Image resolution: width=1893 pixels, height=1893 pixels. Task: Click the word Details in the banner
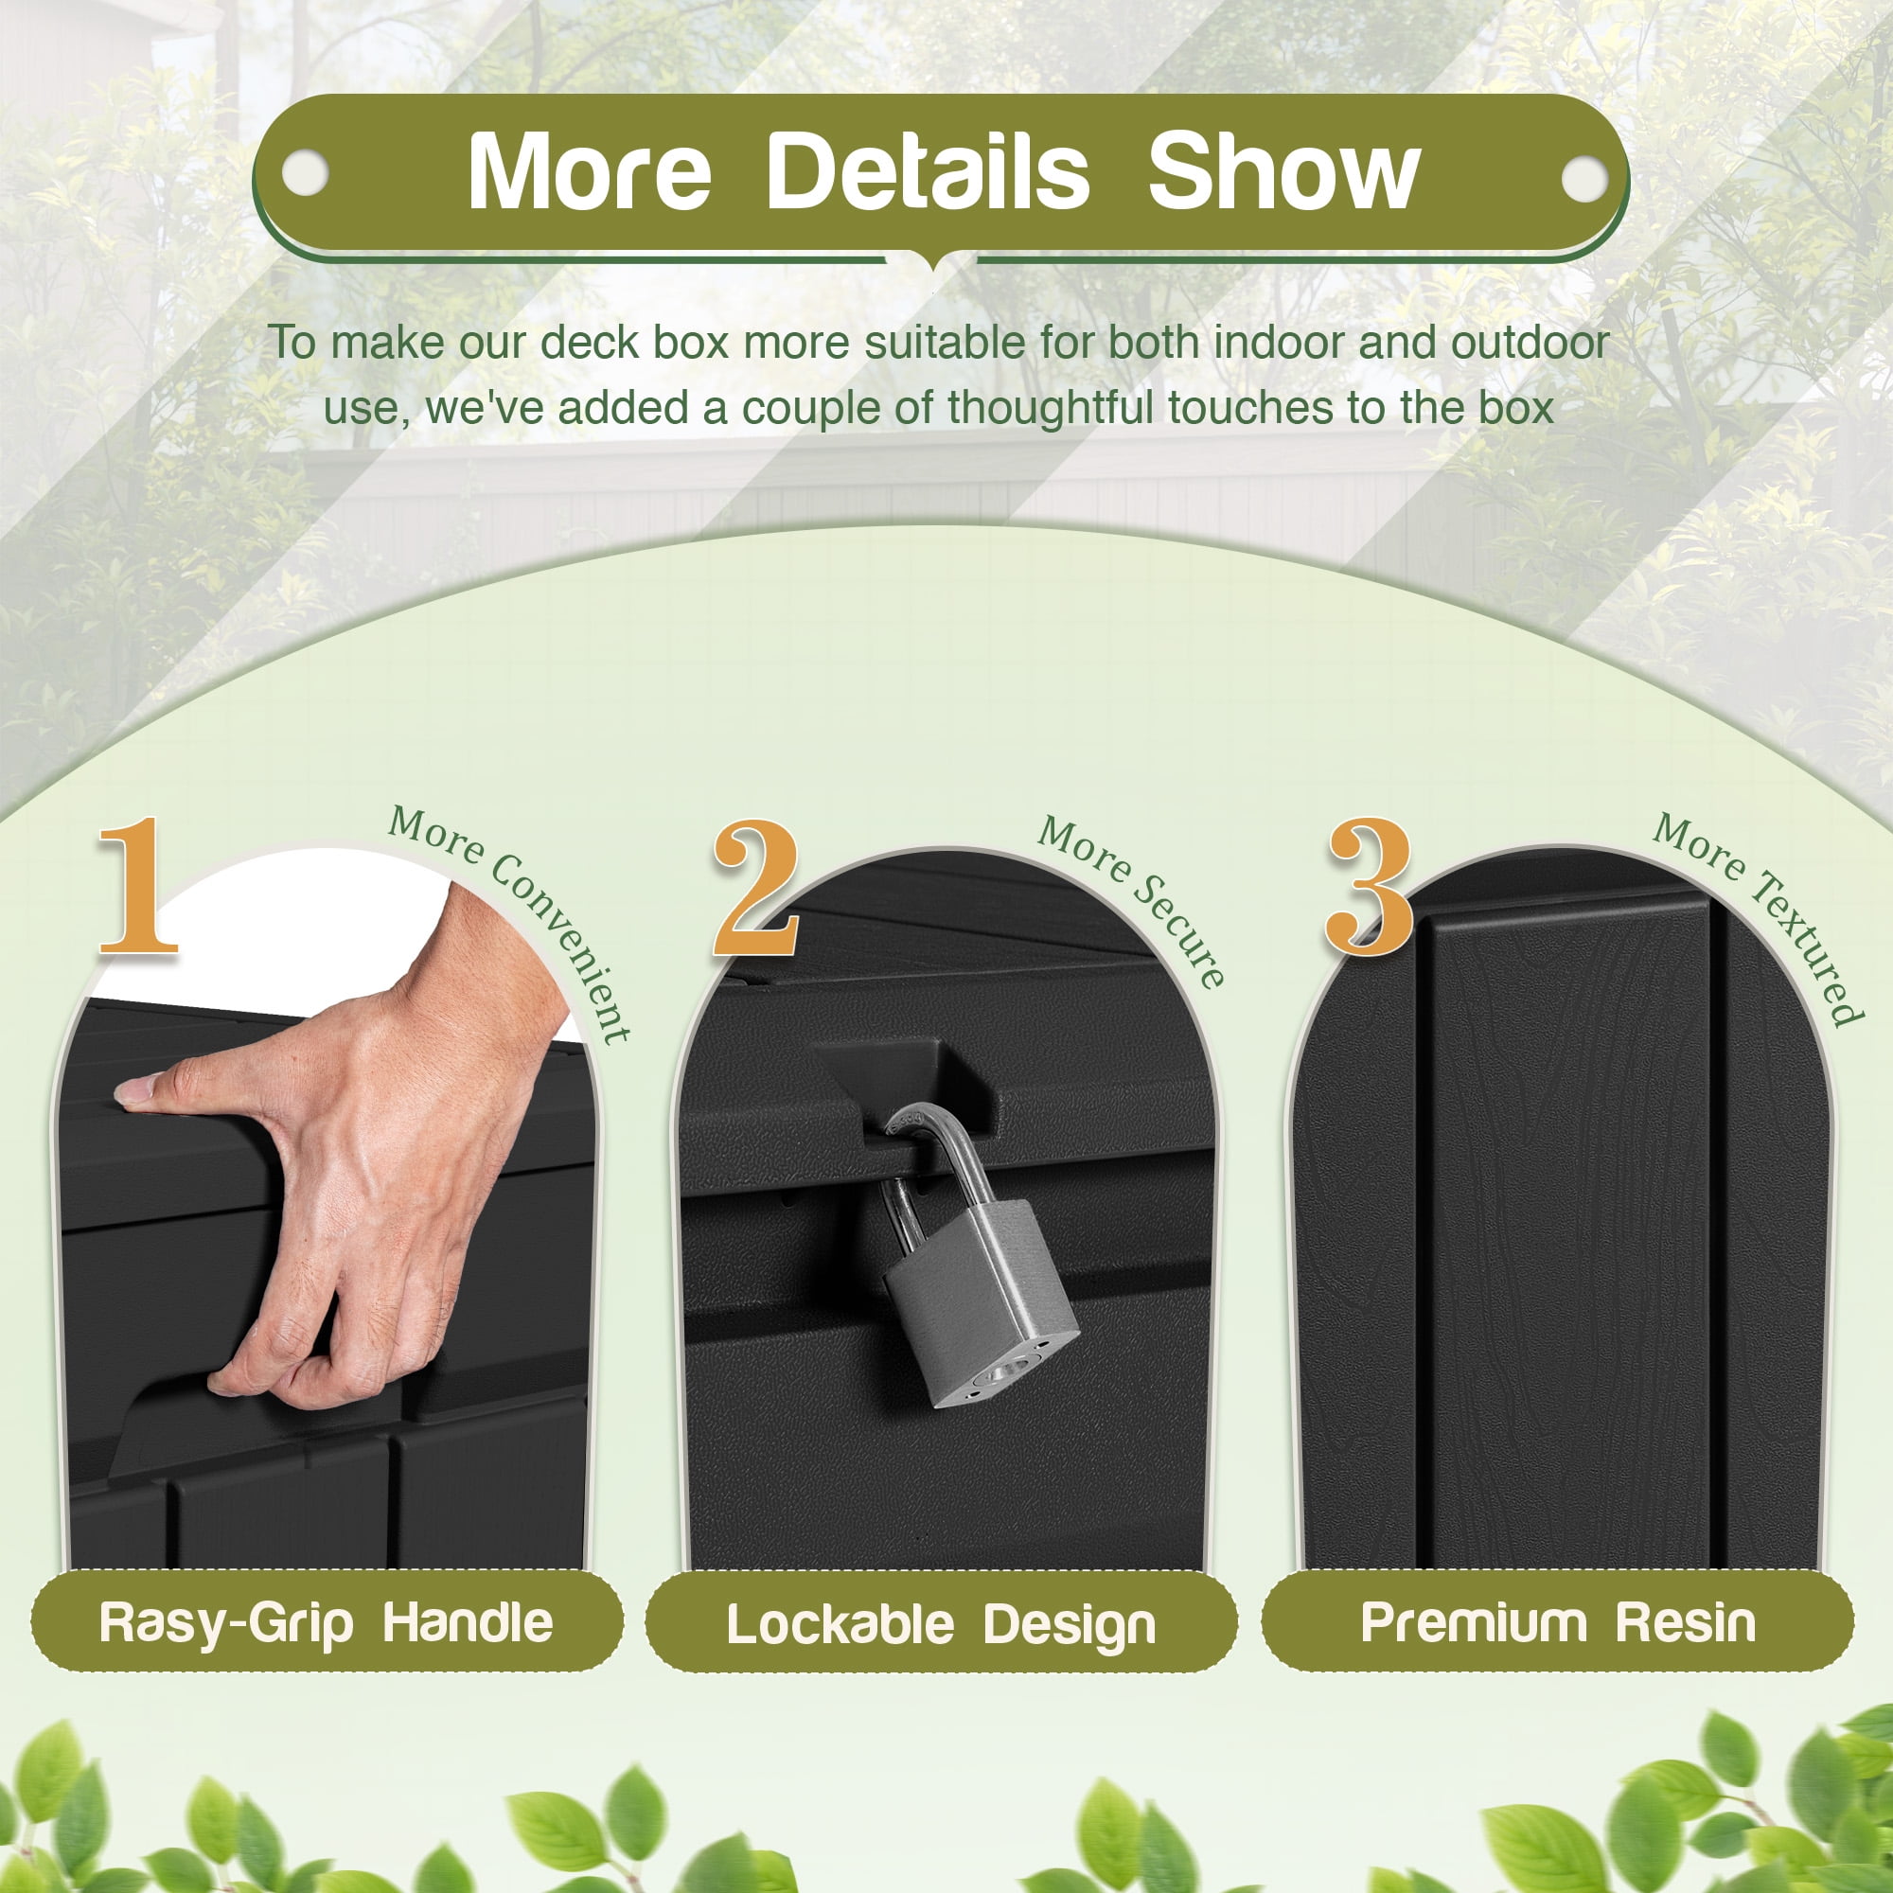[927, 172]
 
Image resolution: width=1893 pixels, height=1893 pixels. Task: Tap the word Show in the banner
[1283, 172]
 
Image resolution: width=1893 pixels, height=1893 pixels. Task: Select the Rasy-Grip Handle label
[327, 1622]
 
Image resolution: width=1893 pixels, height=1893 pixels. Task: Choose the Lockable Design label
[941, 1625]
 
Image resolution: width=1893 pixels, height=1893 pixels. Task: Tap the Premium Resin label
[1558, 1622]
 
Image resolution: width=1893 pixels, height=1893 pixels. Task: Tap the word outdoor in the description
[1530, 342]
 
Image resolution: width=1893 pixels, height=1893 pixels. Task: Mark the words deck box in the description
[636, 342]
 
